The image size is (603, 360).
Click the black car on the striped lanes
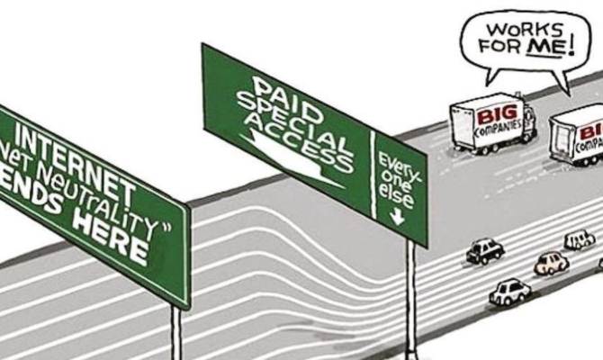coord(485,251)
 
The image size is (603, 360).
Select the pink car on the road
coord(551,263)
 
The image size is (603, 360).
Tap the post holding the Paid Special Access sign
coord(411,297)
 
